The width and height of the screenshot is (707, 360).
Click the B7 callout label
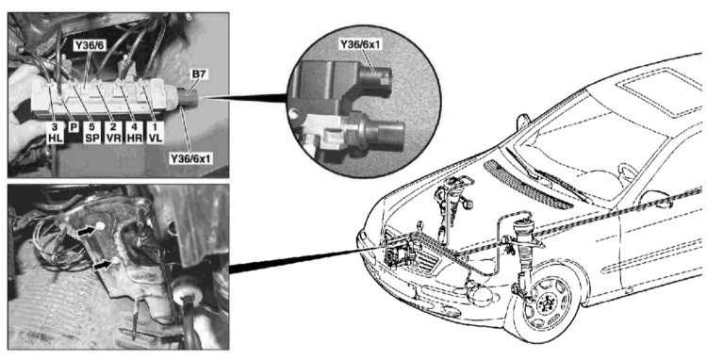[x=199, y=74]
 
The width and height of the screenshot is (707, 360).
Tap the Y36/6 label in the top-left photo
[x=89, y=45]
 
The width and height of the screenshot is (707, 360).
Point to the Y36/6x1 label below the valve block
[x=191, y=158]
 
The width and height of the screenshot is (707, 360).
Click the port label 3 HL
[x=55, y=133]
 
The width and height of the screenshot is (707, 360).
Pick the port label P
[x=73, y=127]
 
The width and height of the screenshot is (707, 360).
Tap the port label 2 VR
[x=112, y=133]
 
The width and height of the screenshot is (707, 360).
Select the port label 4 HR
[x=134, y=133]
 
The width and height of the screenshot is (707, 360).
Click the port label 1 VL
[x=153, y=133]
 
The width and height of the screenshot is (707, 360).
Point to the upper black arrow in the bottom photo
[x=87, y=231]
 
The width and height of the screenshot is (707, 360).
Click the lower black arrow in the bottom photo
[x=102, y=267]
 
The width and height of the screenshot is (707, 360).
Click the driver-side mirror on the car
[x=523, y=122]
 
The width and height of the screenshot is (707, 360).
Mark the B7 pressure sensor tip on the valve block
[x=189, y=97]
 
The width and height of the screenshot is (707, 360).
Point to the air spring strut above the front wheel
[x=526, y=252]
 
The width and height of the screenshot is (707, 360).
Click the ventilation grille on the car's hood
[x=528, y=184]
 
